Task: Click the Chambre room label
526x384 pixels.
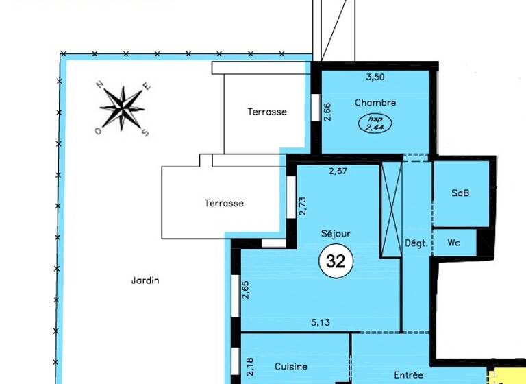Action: click(x=375, y=103)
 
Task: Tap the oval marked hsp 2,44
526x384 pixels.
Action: click(x=375, y=123)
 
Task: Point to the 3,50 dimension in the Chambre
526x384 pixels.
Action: click(x=375, y=77)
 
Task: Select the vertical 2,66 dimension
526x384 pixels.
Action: click(x=327, y=112)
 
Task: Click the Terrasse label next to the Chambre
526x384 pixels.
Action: click(x=267, y=112)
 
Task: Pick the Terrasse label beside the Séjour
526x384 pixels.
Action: click(x=224, y=203)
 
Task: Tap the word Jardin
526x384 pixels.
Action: click(x=145, y=280)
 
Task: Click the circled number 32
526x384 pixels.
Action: click(x=336, y=261)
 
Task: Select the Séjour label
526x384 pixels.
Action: click(x=336, y=234)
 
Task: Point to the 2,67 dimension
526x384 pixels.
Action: click(x=339, y=171)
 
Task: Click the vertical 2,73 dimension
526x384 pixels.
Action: click(x=301, y=206)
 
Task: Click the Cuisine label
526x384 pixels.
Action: click(x=291, y=367)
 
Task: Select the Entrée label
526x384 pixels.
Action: click(x=409, y=375)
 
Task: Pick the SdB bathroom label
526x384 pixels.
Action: click(x=461, y=193)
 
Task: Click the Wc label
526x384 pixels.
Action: click(x=453, y=243)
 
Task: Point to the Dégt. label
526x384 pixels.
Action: click(x=416, y=243)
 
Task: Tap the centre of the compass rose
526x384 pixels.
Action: click(x=123, y=108)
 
